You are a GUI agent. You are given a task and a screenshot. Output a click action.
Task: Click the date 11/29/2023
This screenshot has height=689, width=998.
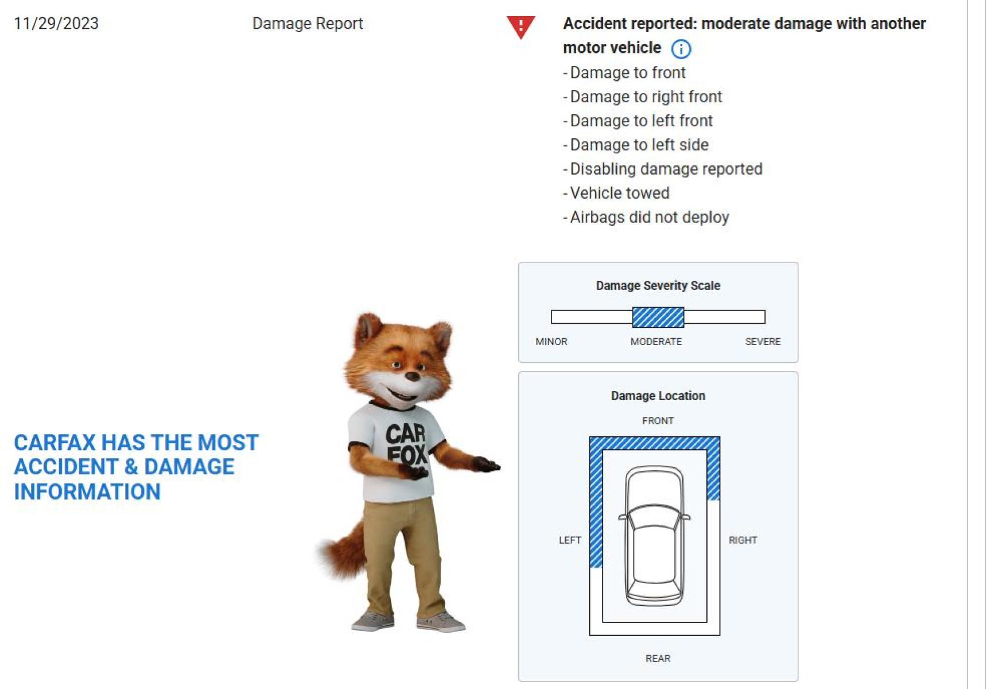click(56, 24)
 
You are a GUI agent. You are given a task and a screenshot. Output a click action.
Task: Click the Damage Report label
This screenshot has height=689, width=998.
click(308, 24)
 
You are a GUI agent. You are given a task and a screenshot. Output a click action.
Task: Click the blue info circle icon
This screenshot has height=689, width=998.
click(681, 49)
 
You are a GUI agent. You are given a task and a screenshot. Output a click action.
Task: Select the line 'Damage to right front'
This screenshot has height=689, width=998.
click(643, 97)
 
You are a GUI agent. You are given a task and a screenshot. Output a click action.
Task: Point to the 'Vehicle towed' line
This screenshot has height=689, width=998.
click(616, 193)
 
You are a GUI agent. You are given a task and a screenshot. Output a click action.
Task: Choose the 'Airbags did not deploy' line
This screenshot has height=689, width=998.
click(646, 217)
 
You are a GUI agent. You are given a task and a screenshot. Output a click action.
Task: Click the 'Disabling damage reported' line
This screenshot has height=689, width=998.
click(663, 169)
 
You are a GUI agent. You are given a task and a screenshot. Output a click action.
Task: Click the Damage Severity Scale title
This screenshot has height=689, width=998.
click(658, 285)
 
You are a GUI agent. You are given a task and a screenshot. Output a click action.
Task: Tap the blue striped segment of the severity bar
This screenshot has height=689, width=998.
click(658, 317)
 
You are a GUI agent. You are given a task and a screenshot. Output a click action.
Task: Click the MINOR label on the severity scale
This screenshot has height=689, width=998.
click(552, 342)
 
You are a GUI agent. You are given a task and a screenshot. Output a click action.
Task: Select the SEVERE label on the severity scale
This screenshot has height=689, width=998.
click(763, 342)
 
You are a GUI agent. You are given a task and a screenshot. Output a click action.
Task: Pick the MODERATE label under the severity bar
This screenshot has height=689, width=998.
click(657, 342)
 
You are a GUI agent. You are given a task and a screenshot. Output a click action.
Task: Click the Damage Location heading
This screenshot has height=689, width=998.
click(658, 396)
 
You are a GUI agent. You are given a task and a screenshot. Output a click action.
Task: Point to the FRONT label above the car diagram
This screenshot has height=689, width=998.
click(658, 421)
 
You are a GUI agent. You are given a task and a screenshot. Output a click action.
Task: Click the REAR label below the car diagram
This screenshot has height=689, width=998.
click(658, 659)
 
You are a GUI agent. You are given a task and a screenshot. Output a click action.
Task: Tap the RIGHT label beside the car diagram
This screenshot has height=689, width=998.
click(743, 540)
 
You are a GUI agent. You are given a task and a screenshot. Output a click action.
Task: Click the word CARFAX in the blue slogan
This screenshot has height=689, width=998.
click(55, 443)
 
